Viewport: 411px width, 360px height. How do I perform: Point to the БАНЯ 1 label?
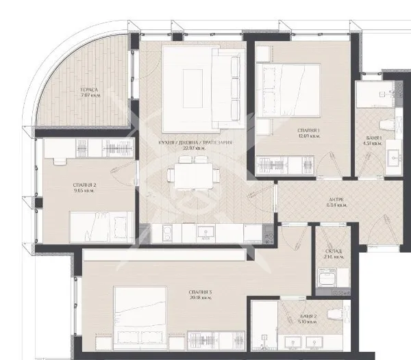[x=374, y=138]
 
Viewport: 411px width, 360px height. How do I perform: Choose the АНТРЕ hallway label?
[x=336, y=198]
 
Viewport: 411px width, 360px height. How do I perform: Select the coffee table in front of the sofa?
[x=191, y=87]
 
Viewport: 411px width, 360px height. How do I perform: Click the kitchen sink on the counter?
[x=206, y=233]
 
